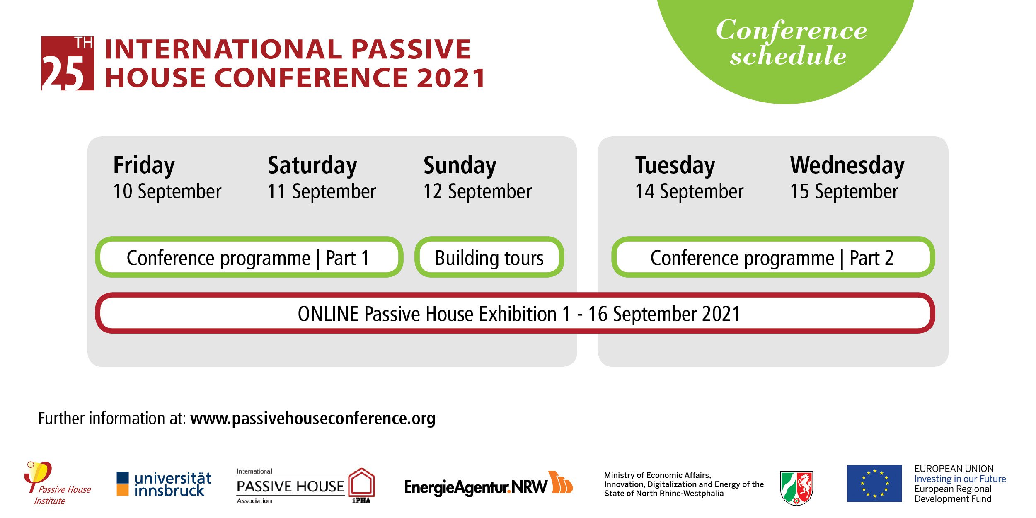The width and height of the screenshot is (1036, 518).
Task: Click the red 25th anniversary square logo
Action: click(x=68, y=63)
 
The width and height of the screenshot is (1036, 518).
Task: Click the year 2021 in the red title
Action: click(x=451, y=78)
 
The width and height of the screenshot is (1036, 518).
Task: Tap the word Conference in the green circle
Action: click(x=792, y=30)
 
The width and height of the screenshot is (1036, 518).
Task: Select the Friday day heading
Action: click(x=144, y=166)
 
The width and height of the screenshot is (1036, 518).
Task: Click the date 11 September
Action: click(x=322, y=191)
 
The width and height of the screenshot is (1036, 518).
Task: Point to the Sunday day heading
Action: click(x=460, y=166)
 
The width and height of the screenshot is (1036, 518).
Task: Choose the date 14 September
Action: click(x=689, y=191)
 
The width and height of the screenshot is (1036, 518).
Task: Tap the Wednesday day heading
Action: click(x=847, y=166)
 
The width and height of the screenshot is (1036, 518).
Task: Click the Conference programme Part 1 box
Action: click(x=249, y=257)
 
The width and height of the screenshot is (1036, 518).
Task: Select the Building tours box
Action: click(x=489, y=257)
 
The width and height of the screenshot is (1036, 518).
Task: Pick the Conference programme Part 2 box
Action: click(x=773, y=257)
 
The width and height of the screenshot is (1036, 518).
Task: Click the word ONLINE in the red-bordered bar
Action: click(x=328, y=314)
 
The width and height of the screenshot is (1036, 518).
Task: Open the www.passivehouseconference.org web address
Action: click(x=313, y=419)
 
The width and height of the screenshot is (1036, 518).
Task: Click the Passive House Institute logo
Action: click(x=58, y=483)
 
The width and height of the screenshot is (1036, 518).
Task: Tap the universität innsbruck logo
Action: click(x=164, y=484)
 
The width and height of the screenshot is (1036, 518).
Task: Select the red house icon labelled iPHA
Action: click(x=361, y=485)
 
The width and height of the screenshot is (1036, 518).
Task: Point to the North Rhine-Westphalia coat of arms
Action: click(x=796, y=487)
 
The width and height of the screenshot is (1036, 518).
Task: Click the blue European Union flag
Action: click(x=874, y=483)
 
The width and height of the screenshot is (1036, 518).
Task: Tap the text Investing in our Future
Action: click(x=960, y=479)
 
